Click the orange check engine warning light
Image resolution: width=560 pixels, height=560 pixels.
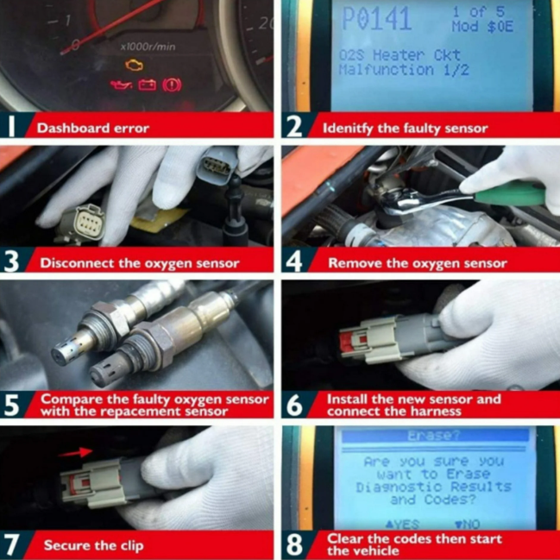pos(135,65)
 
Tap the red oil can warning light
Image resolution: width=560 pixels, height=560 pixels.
pos(121,85)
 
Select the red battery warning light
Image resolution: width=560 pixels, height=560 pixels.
pos(148,85)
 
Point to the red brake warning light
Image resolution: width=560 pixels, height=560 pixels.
pos(172,85)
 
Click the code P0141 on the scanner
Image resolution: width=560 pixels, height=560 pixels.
pos(377,19)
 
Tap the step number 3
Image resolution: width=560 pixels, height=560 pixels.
pos(11,261)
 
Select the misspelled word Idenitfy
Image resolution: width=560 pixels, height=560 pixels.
pos(348,129)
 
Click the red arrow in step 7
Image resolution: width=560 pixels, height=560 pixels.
pos(75,452)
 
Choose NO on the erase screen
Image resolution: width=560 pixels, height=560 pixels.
pos(467,525)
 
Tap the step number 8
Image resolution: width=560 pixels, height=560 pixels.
pos(294,545)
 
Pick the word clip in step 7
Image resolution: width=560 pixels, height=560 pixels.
pos(130,545)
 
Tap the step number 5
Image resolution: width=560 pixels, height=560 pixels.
pos(11,406)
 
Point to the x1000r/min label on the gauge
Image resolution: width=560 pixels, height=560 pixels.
pos(148,47)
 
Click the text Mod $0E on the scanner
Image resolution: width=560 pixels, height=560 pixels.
pos(482,27)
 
